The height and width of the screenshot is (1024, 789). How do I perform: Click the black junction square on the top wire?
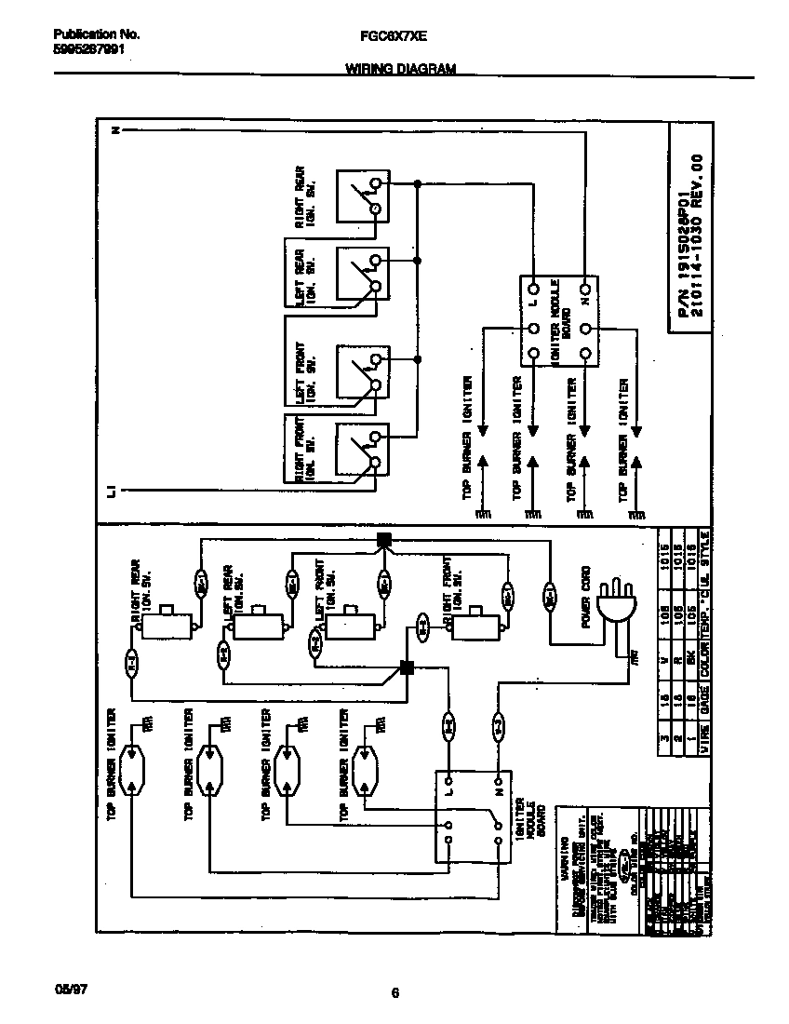[x=383, y=540]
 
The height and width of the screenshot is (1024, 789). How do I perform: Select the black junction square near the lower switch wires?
[x=406, y=667]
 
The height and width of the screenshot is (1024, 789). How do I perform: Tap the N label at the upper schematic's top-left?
[x=114, y=130]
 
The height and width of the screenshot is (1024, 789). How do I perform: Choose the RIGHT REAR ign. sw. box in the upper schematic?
[x=362, y=196]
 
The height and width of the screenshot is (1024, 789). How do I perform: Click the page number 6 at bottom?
[x=394, y=993]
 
